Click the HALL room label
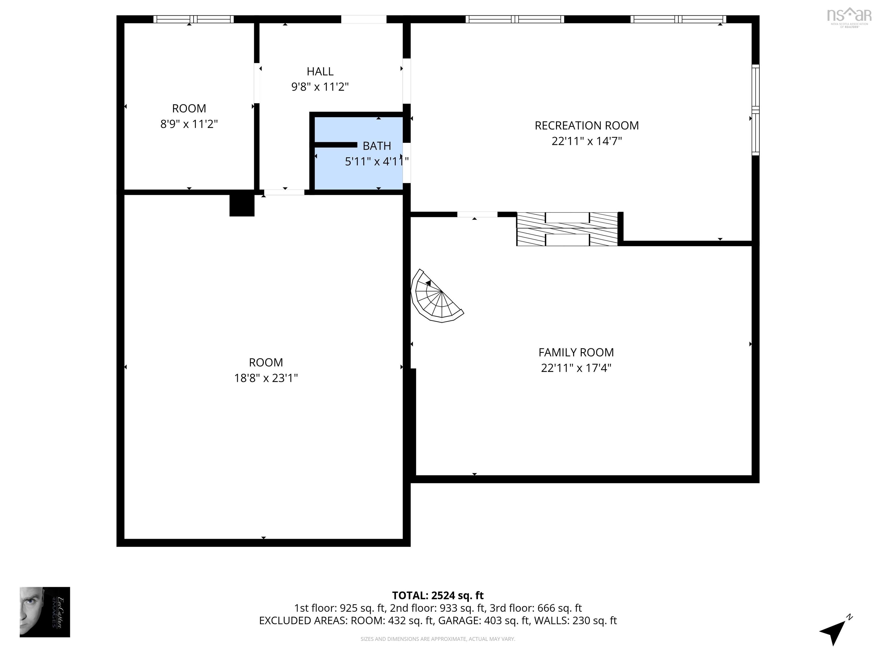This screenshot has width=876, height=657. click(320, 72)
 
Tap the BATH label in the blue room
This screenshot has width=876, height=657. click(377, 146)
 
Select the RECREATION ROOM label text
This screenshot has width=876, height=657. click(587, 125)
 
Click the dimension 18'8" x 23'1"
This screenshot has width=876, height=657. click(266, 378)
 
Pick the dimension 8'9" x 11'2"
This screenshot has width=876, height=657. click(189, 124)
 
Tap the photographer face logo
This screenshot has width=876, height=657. click(45, 612)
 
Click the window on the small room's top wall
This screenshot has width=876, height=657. click(193, 19)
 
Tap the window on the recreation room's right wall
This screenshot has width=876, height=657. click(755, 110)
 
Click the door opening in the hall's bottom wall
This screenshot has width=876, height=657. click(284, 192)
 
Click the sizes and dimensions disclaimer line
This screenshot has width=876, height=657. click(438, 639)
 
